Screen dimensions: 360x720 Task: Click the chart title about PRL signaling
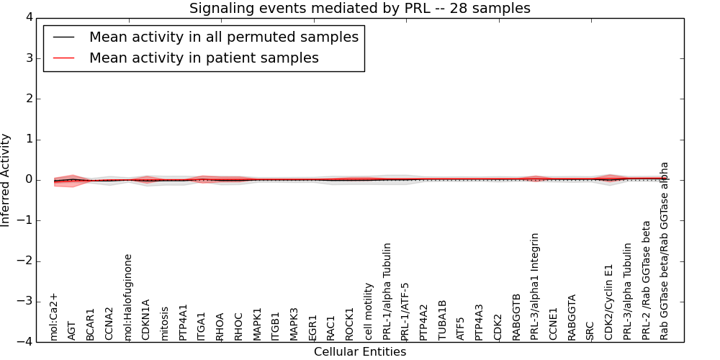coord(359,9)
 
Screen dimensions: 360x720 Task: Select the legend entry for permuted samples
coord(223,37)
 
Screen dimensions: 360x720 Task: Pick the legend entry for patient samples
coord(204,58)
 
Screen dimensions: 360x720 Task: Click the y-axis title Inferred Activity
coord(6,180)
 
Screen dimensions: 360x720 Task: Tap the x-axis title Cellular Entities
coord(359,352)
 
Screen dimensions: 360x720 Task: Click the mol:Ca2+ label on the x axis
coord(53,316)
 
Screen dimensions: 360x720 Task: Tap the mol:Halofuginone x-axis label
coord(128,297)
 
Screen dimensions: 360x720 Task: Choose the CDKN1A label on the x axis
coord(146,320)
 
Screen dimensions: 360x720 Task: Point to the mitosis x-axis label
coord(165,323)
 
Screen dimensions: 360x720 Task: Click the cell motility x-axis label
coord(369,311)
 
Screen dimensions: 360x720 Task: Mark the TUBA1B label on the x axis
coord(443,320)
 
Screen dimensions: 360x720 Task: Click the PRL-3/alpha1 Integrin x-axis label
coord(535,286)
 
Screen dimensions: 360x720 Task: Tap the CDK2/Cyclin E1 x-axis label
coord(609,301)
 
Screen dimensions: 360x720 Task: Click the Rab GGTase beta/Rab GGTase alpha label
coord(665,251)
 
